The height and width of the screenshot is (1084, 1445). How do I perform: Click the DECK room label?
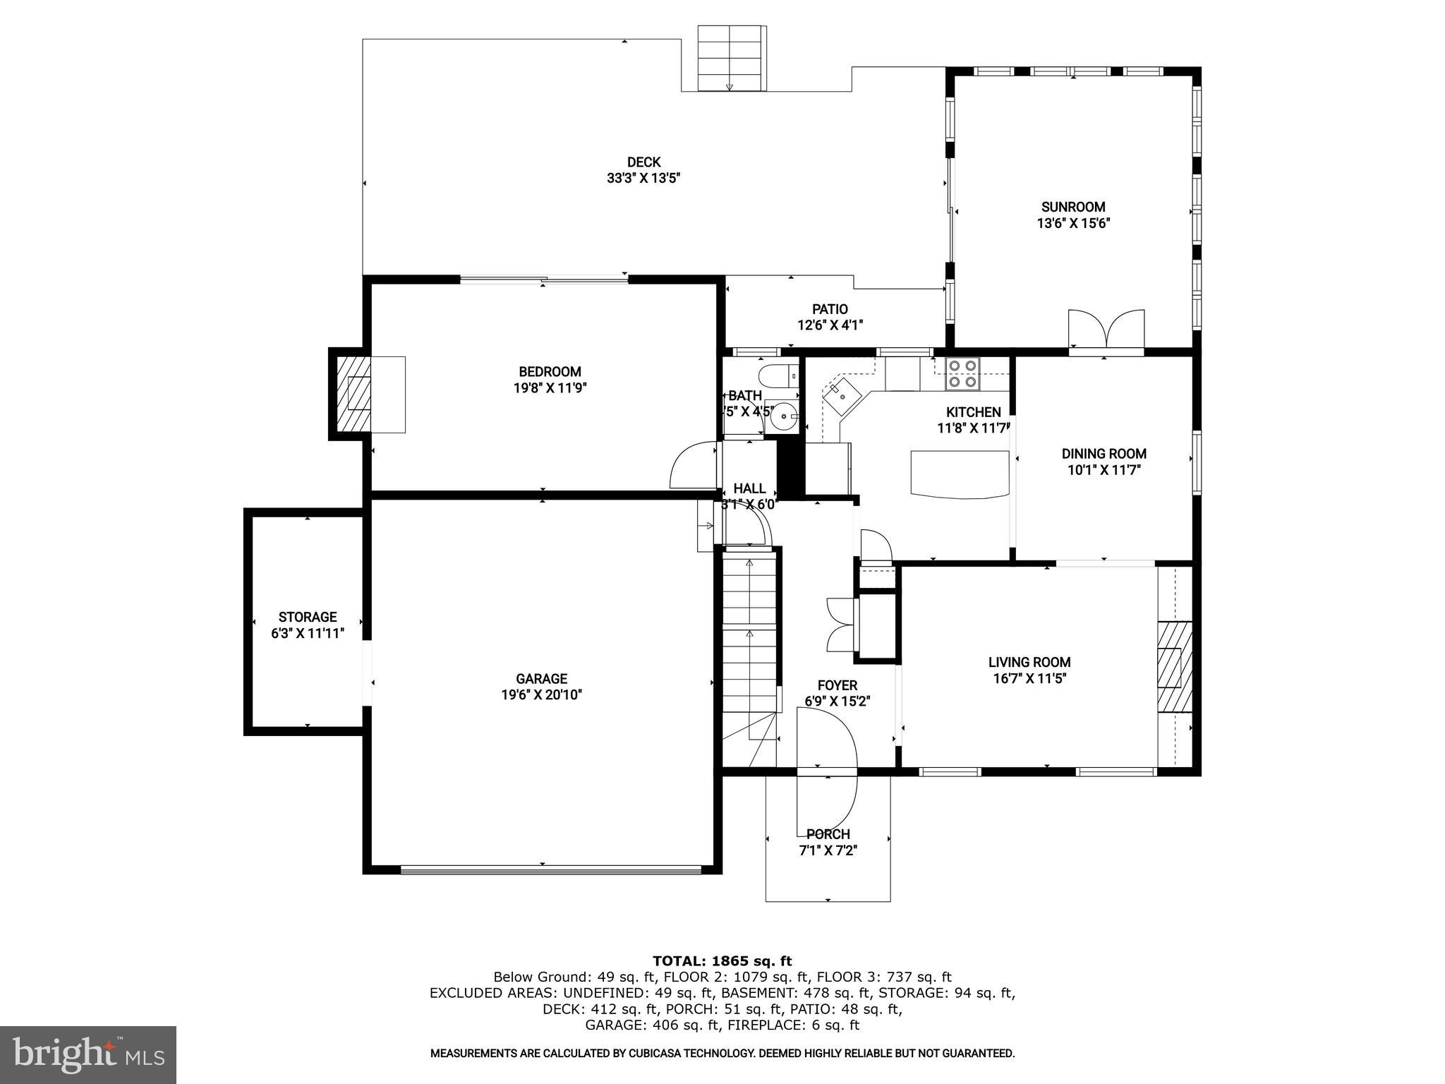tap(643, 162)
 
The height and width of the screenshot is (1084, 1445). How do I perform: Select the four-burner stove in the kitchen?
tap(963, 374)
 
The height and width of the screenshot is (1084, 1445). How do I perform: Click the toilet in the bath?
tap(775, 375)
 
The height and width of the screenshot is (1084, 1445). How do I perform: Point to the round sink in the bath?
tap(783, 417)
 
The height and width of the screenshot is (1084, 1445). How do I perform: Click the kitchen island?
tap(960, 474)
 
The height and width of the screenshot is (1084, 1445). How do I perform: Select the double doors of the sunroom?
tap(1106, 330)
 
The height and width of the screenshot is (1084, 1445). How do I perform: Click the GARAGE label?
tap(541, 679)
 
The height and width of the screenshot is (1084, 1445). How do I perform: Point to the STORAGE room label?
tap(308, 617)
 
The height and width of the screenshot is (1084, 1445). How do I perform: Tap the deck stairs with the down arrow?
tap(731, 59)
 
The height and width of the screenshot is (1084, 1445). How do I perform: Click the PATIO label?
tap(830, 309)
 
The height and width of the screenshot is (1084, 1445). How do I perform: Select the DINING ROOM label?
tap(1104, 454)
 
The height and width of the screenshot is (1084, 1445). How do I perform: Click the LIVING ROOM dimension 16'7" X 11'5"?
tap(1029, 679)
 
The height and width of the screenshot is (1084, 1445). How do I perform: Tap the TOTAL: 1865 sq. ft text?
tap(722, 960)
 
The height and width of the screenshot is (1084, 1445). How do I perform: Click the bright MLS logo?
tap(88, 1055)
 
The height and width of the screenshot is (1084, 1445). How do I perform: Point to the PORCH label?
tap(828, 834)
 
